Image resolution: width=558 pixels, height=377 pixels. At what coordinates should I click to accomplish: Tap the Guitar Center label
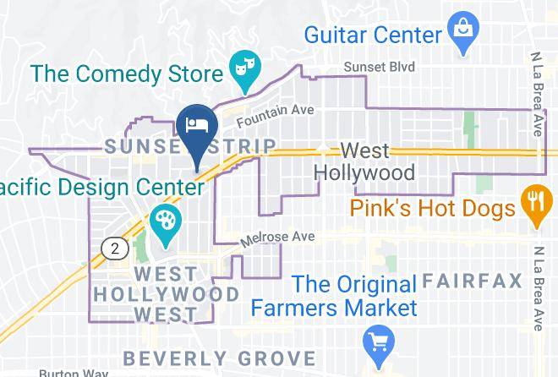point(374,36)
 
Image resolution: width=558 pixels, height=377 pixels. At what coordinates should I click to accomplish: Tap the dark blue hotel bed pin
point(198,128)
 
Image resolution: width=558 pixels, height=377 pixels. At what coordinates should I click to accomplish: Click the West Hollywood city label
point(364,162)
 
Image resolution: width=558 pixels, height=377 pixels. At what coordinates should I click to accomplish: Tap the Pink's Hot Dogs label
point(435,208)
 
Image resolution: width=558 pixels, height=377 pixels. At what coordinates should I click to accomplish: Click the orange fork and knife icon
point(534,204)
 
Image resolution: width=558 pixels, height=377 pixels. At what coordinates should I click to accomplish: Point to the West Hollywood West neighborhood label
point(166,294)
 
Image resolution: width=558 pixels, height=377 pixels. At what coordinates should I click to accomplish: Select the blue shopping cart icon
point(376,342)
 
